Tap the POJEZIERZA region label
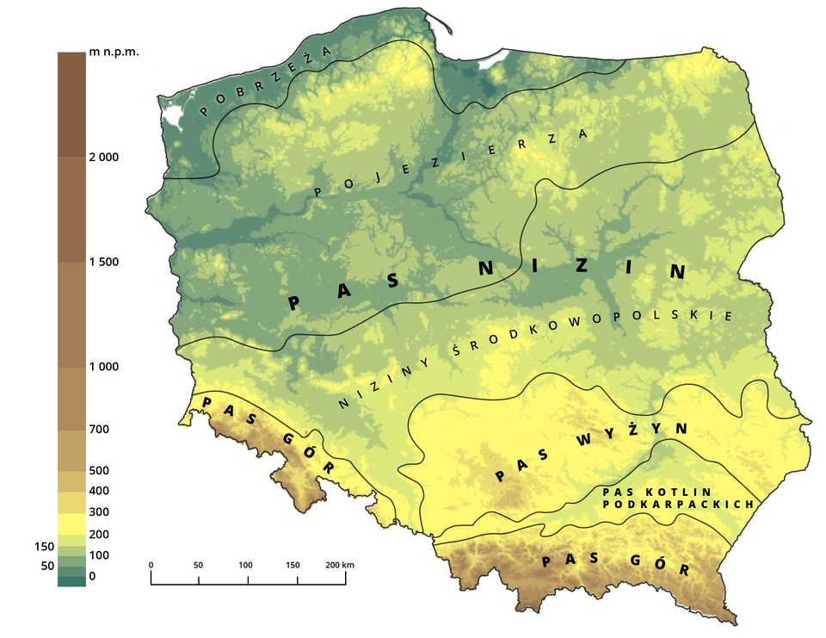point(452,163)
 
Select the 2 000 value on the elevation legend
point(104,158)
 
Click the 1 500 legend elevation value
point(104,263)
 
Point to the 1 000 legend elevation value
point(104,368)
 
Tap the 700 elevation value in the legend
point(99,429)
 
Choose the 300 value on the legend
point(99,513)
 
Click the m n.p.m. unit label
point(114,53)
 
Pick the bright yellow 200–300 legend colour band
point(71,523)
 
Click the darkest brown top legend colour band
point(71,104)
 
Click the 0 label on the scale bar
point(151,566)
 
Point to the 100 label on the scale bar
point(248,566)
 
